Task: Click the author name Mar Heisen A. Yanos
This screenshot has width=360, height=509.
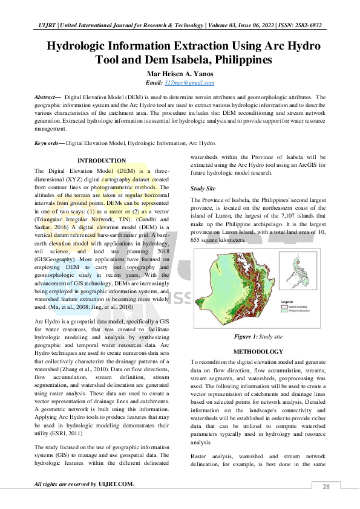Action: tap(180, 73)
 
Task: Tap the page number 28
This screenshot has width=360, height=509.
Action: tap(326, 487)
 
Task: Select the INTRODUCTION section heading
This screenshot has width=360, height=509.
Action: tap(102, 160)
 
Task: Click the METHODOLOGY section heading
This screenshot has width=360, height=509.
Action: tap(258, 351)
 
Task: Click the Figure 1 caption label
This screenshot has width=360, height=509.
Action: tap(246, 336)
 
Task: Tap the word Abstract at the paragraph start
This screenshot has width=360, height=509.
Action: tap(45, 97)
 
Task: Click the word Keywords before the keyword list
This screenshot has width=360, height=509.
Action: tap(47, 143)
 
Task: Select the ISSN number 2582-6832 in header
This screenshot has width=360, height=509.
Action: tap(307, 25)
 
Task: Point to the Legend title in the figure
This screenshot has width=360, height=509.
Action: tap(287, 300)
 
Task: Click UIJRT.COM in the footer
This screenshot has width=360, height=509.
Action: tap(116, 484)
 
